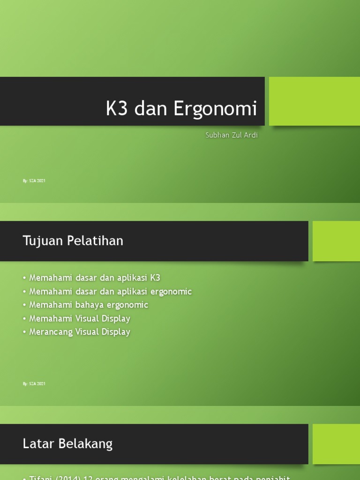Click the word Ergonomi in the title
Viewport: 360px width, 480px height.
click(x=215, y=109)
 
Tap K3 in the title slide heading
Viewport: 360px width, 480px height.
click(x=117, y=109)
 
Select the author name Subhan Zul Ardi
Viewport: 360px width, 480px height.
click(x=232, y=135)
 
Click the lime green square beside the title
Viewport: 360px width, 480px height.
click(x=314, y=101)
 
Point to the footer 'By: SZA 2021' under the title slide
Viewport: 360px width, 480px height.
click(x=34, y=180)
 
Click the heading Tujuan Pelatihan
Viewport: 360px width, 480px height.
click(x=73, y=241)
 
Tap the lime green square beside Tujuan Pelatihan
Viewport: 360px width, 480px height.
click(x=336, y=241)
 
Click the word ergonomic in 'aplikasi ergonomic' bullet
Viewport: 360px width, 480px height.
click(x=169, y=292)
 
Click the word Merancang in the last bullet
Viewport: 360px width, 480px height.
click(x=51, y=332)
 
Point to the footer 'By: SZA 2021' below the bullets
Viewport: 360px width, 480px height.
click(x=34, y=383)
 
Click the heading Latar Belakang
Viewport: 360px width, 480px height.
click(x=67, y=444)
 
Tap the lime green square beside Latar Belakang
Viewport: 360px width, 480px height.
click(x=336, y=444)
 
